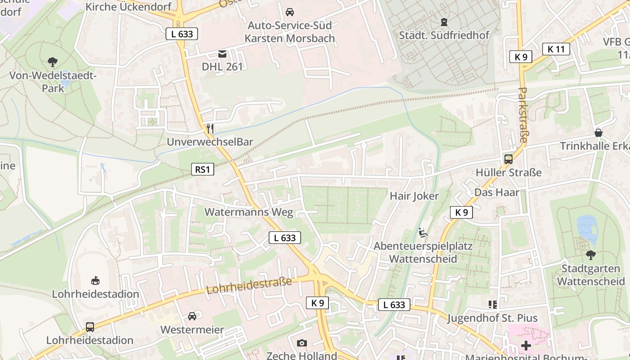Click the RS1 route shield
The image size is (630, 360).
[x=202, y=170]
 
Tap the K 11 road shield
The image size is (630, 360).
[x=556, y=49]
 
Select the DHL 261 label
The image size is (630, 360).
[x=222, y=67]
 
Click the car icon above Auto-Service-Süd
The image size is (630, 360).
[x=290, y=12]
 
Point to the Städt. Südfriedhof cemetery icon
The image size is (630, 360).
[x=444, y=22]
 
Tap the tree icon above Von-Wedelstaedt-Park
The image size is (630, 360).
[x=53, y=62]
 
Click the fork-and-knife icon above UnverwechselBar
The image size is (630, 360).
[x=210, y=129]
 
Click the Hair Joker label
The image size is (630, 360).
[x=414, y=196]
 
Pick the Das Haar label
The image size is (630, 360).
[x=497, y=192]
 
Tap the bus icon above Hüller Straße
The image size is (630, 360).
[x=508, y=159]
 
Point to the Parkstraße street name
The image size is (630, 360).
[x=522, y=115]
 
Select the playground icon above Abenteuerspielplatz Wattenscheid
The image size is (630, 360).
[x=423, y=233]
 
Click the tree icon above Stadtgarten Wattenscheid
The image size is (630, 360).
[x=591, y=255]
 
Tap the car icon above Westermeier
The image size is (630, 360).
[x=192, y=316]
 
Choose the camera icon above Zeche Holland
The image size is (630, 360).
[x=302, y=343]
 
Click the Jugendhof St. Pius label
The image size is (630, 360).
[x=492, y=318]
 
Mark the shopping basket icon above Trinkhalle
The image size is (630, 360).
[x=598, y=133]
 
